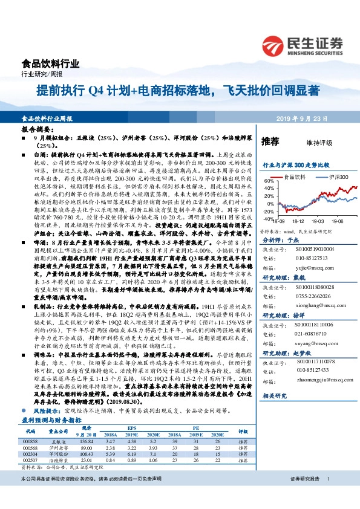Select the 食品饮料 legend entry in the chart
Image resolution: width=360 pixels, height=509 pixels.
pyautogui.click(x=294, y=177)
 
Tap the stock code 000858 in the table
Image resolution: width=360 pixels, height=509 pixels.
pyautogui.click(x=30, y=426)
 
